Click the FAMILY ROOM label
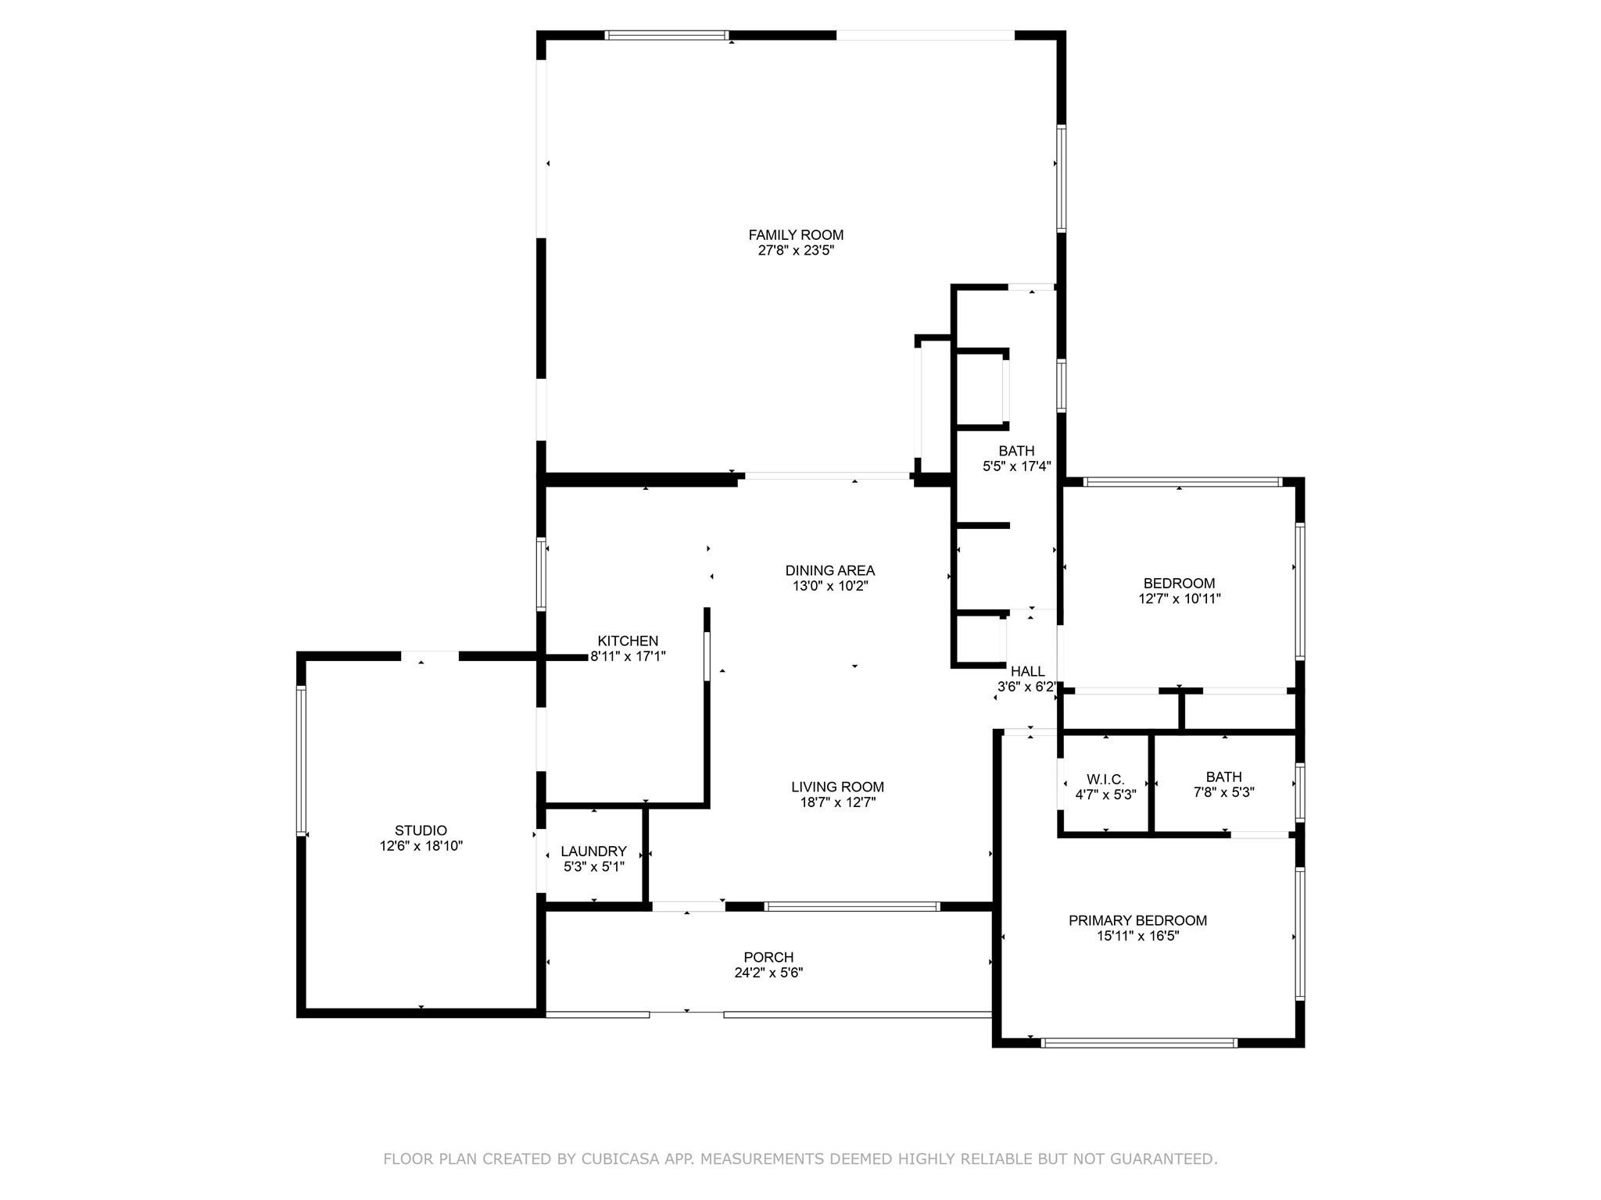pos(796,234)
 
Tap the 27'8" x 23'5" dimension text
pos(796,251)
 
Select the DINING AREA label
pos(829,570)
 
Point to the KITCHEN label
pos(628,641)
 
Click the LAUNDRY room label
pos(593,851)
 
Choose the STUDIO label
pos(421,830)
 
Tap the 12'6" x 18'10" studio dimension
pos(421,846)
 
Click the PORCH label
pos(768,957)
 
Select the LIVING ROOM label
pos(837,787)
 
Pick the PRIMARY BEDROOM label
pos(1137,920)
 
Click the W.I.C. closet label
pos(1105,779)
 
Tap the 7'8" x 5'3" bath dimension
pos(1223,792)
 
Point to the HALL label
pos(1027,671)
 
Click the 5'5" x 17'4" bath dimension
pos(1016,467)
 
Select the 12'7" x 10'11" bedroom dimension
pos(1179,599)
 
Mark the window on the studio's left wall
pos(301,760)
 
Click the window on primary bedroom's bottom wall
pos(1139,1042)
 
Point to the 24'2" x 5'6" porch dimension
pos(768,973)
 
